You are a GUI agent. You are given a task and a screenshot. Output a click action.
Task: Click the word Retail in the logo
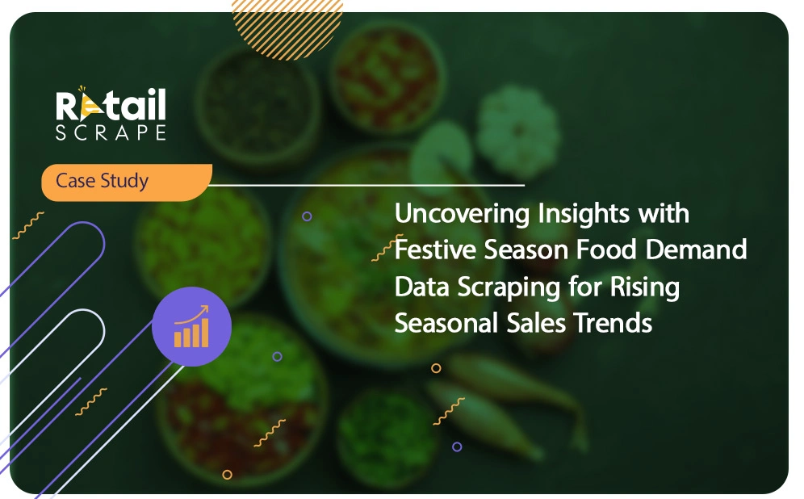click(x=111, y=104)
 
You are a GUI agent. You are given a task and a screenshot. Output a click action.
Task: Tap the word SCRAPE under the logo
click(x=111, y=132)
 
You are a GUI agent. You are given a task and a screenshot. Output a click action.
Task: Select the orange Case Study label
click(x=127, y=182)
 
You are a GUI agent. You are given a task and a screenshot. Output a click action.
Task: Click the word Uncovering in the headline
click(x=462, y=214)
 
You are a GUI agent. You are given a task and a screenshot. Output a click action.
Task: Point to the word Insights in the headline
click(x=584, y=214)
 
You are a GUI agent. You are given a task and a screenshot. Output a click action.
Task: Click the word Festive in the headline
click(x=435, y=249)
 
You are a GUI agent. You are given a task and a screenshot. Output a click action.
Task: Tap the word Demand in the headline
click(x=696, y=249)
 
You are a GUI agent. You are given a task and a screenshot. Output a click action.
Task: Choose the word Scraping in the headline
click(x=509, y=287)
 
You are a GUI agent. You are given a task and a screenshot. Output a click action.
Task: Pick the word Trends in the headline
click(x=612, y=324)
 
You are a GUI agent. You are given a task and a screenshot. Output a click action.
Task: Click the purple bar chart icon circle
click(x=192, y=326)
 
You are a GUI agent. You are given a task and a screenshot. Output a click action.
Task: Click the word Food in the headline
click(x=606, y=249)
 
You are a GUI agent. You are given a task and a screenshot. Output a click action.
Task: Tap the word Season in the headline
click(x=526, y=249)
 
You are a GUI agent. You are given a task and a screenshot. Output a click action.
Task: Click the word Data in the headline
click(x=422, y=287)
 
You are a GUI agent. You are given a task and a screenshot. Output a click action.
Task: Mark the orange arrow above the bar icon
click(x=192, y=314)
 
